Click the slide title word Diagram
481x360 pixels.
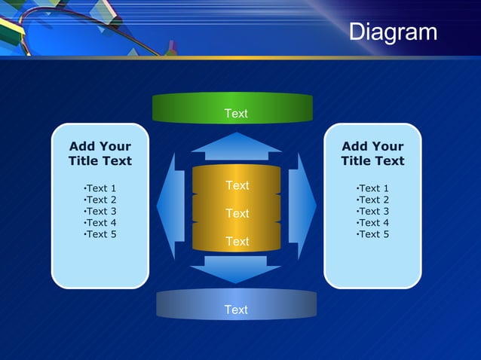[393, 32]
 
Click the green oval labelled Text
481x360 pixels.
[232, 107]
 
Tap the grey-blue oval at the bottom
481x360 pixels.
[236, 304]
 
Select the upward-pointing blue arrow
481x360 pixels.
[236, 146]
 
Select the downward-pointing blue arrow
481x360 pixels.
[236, 269]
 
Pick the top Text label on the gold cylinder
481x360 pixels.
[237, 185]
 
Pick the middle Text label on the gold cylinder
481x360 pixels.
[237, 214]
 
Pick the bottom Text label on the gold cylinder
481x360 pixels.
[237, 242]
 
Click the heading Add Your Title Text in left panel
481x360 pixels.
[100, 154]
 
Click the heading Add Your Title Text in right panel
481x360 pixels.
[372, 154]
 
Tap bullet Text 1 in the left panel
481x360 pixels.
[100, 188]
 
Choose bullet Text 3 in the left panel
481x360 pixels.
[100, 212]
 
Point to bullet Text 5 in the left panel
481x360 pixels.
[100, 234]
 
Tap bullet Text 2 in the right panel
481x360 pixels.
[372, 200]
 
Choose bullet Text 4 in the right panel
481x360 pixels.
[372, 223]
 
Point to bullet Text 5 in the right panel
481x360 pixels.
[372, 234]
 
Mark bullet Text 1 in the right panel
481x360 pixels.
[372, 188]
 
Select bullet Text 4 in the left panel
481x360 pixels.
[100, 223]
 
